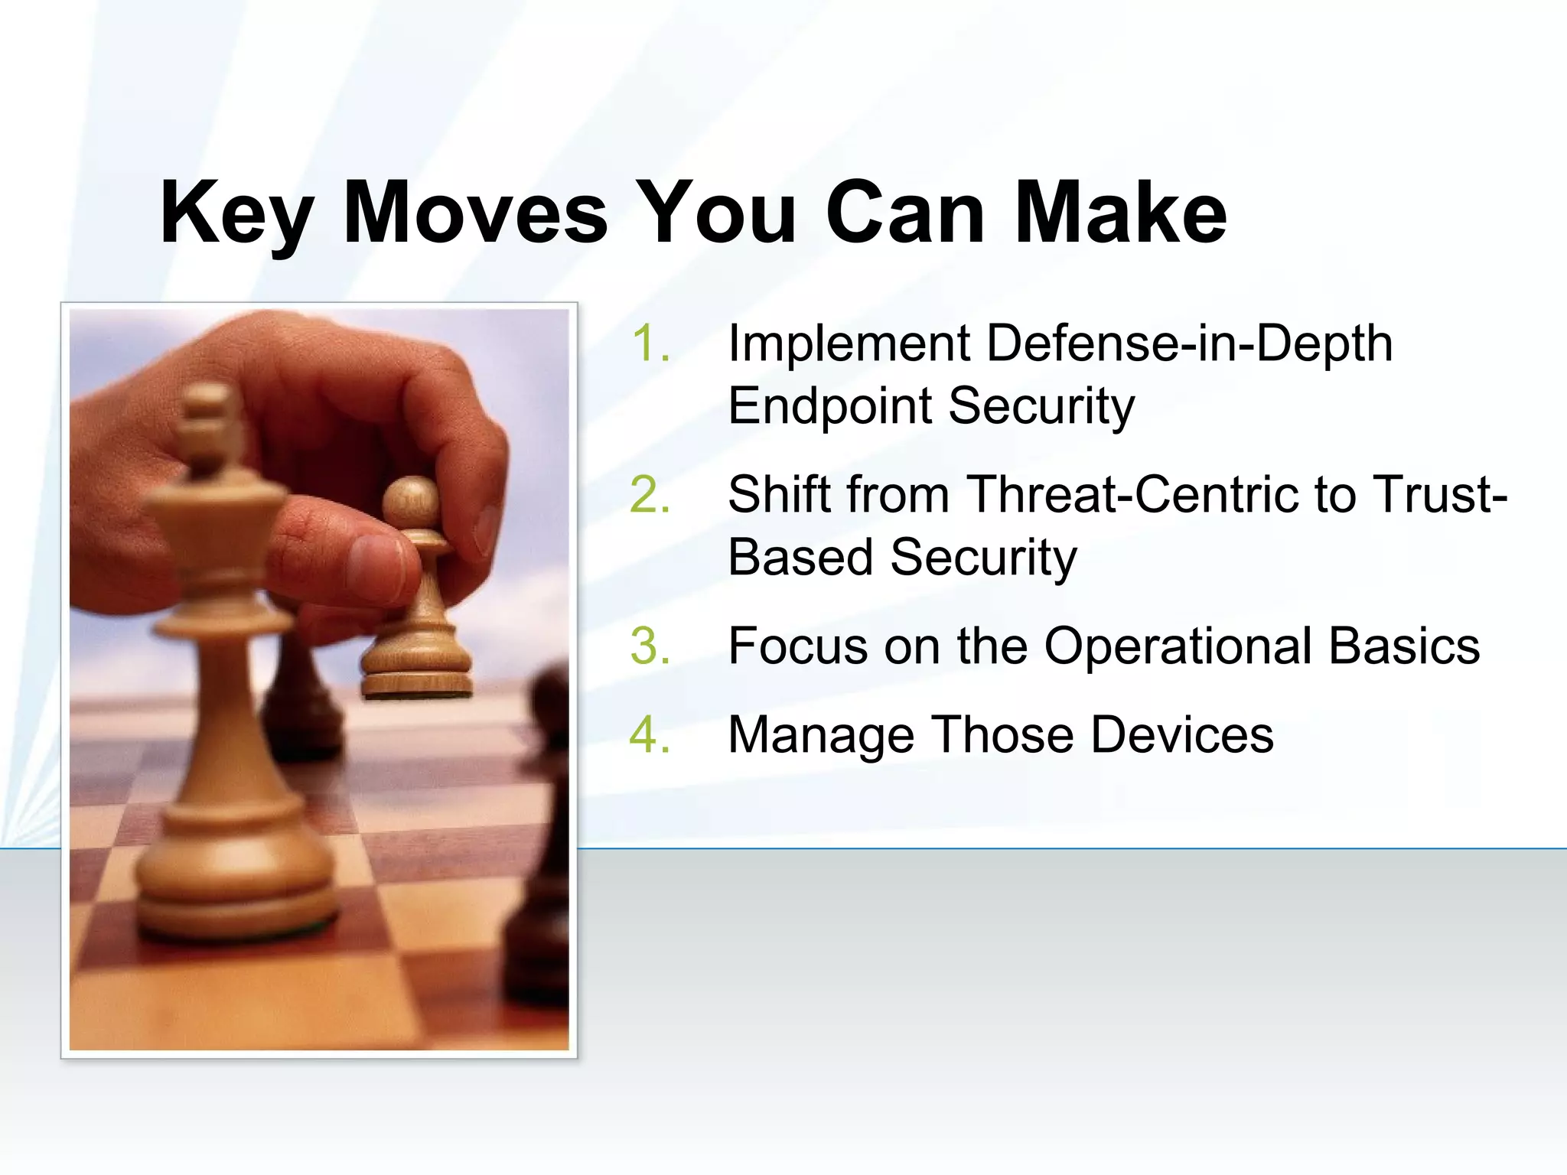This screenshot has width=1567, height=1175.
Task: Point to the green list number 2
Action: pos(650,494)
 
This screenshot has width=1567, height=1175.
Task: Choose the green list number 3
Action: pos(650,646)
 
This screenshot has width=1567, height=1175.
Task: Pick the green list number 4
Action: pos(650,734)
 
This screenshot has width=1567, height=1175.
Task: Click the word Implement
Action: pos(849,344)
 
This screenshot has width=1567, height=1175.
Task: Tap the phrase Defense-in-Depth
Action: pos(1190,344)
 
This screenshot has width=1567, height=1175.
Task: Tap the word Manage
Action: pos(821,736)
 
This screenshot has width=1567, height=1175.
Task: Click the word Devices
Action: pos(1182,734)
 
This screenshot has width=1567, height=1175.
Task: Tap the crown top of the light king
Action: pos(207,413)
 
